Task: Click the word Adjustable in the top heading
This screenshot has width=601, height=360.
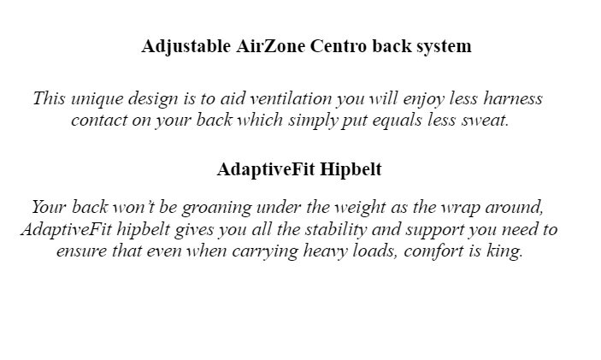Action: pos(186,47)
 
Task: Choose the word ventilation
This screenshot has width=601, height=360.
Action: pos(291,98)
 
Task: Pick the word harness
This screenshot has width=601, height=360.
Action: pos(513,98)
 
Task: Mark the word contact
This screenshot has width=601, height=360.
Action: pos(99,121)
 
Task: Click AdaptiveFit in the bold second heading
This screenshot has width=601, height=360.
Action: pos(266,170)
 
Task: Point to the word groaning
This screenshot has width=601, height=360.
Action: pos(216,209)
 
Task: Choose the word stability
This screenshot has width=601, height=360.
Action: pos(336,231)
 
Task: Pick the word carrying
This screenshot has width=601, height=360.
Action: pos(265,252)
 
